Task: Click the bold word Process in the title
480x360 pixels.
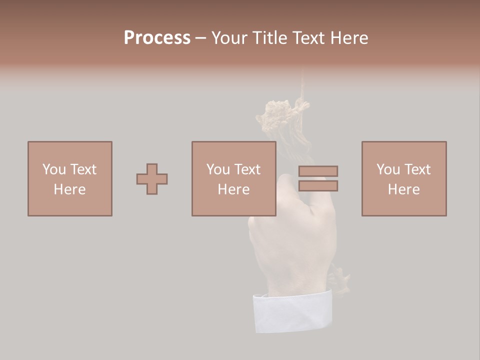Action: [157, 38]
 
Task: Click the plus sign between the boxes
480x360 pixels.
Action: [152, 179]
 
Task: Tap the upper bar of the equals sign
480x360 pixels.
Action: [318, 171]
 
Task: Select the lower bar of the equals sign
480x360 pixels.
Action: [318, 185]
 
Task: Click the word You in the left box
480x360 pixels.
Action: [54, 169]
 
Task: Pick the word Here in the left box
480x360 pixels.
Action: [69, 189]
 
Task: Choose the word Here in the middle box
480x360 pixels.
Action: [233, 189]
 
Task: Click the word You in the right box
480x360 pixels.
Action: [388, 169]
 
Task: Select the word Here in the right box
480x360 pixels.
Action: [403, 189]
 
